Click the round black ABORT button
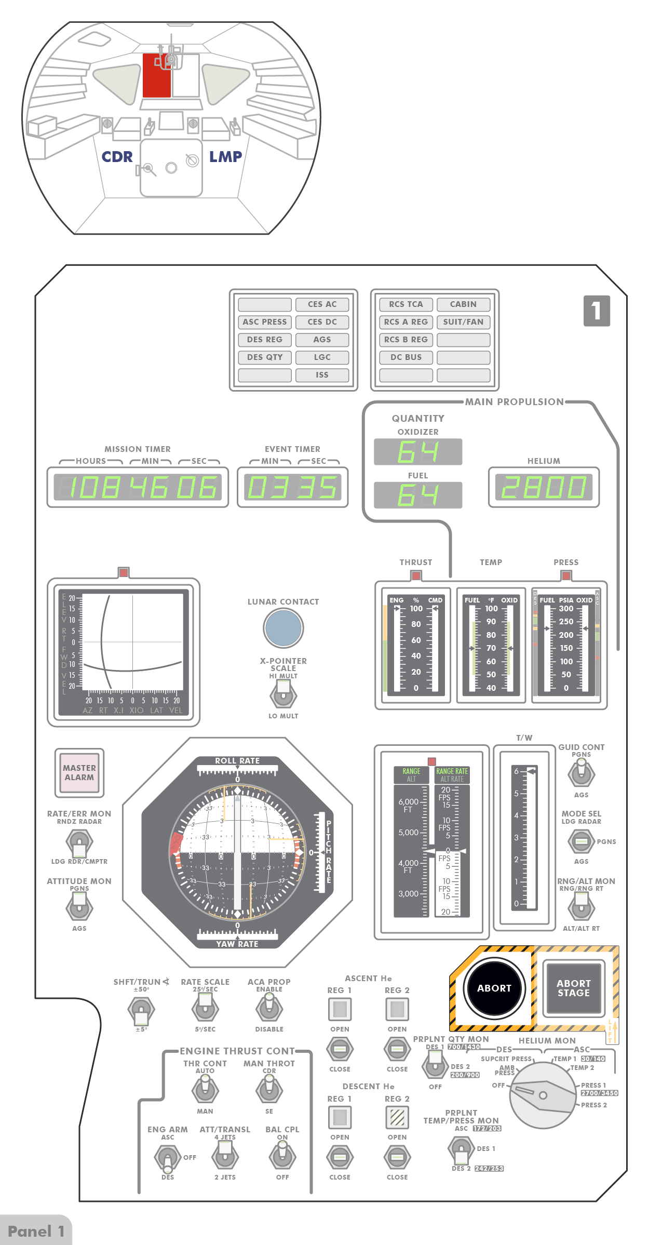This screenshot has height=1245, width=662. coord(494,988)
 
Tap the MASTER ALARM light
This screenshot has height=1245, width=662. coord(79,772)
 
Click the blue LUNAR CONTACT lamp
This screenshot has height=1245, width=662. coord(283,628)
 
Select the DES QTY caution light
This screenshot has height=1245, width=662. coord(265,357)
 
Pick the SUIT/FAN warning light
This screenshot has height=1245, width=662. coord(463,322)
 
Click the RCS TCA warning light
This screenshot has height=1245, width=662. coord(406,304)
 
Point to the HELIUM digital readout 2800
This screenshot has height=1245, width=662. coord(544,487)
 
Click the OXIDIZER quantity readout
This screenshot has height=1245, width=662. coord(418,452)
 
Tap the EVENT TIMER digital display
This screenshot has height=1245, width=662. coord(292,487)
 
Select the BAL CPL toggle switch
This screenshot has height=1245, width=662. coord(282,1157)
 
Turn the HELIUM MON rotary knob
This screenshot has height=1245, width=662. coord(543,1095)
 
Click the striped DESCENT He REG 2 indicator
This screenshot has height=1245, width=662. coord(397,1117)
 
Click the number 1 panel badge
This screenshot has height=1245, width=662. coord(597,311)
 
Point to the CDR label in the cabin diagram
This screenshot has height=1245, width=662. coord(117,157)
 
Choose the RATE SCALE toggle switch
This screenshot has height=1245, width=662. coord(205,1009)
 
